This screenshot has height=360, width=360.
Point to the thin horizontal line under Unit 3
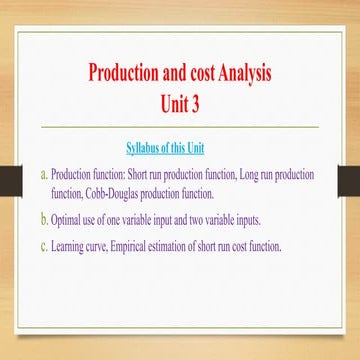(180, 127)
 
